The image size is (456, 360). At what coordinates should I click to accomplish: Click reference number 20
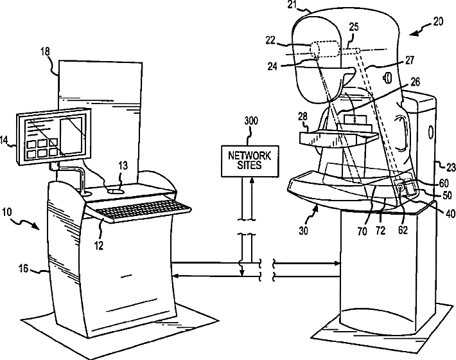click(438, 21)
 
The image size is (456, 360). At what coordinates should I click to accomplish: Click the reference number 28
click(302, 116)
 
